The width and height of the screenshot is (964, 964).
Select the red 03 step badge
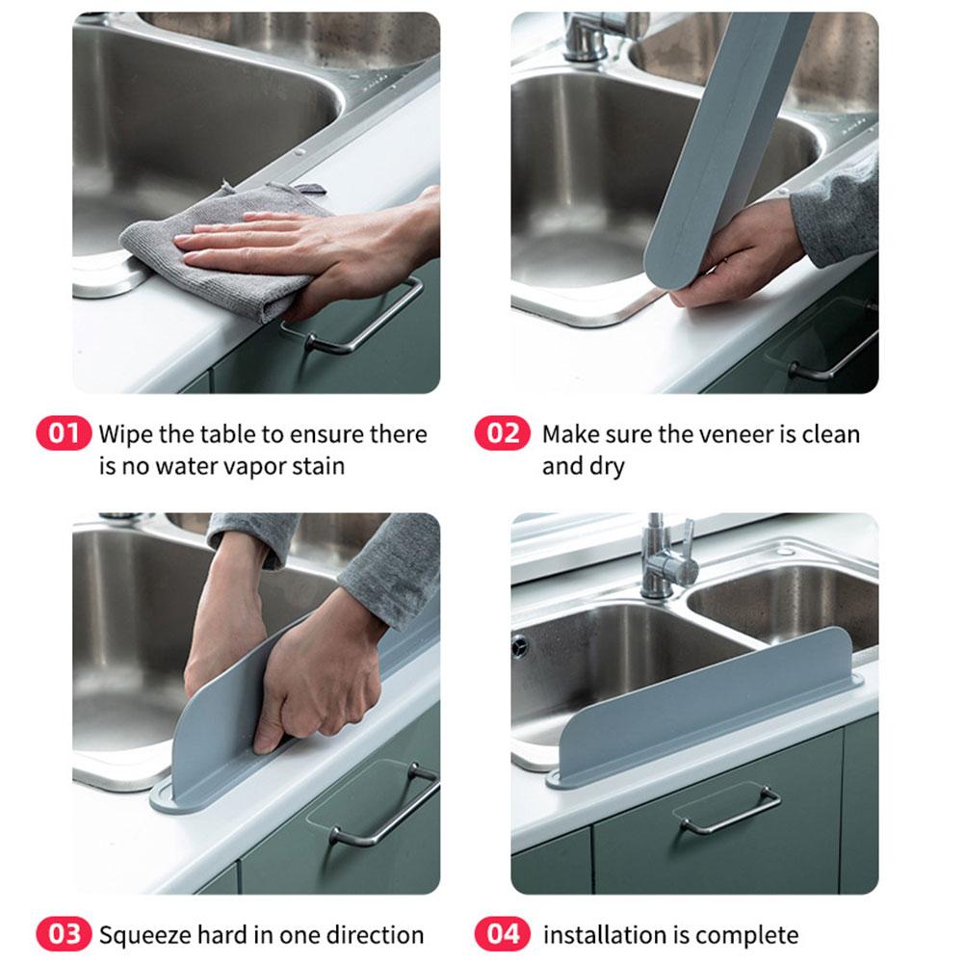pyautogui.click(x=64, y=934)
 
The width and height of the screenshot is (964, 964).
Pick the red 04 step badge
pyautogui.click(x=502, y=934)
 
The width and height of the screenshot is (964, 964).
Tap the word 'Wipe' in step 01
pyautogui.click(x=124, y=434)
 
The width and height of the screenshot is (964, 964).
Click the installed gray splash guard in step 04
pyautogui.click(x=713, y=713)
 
